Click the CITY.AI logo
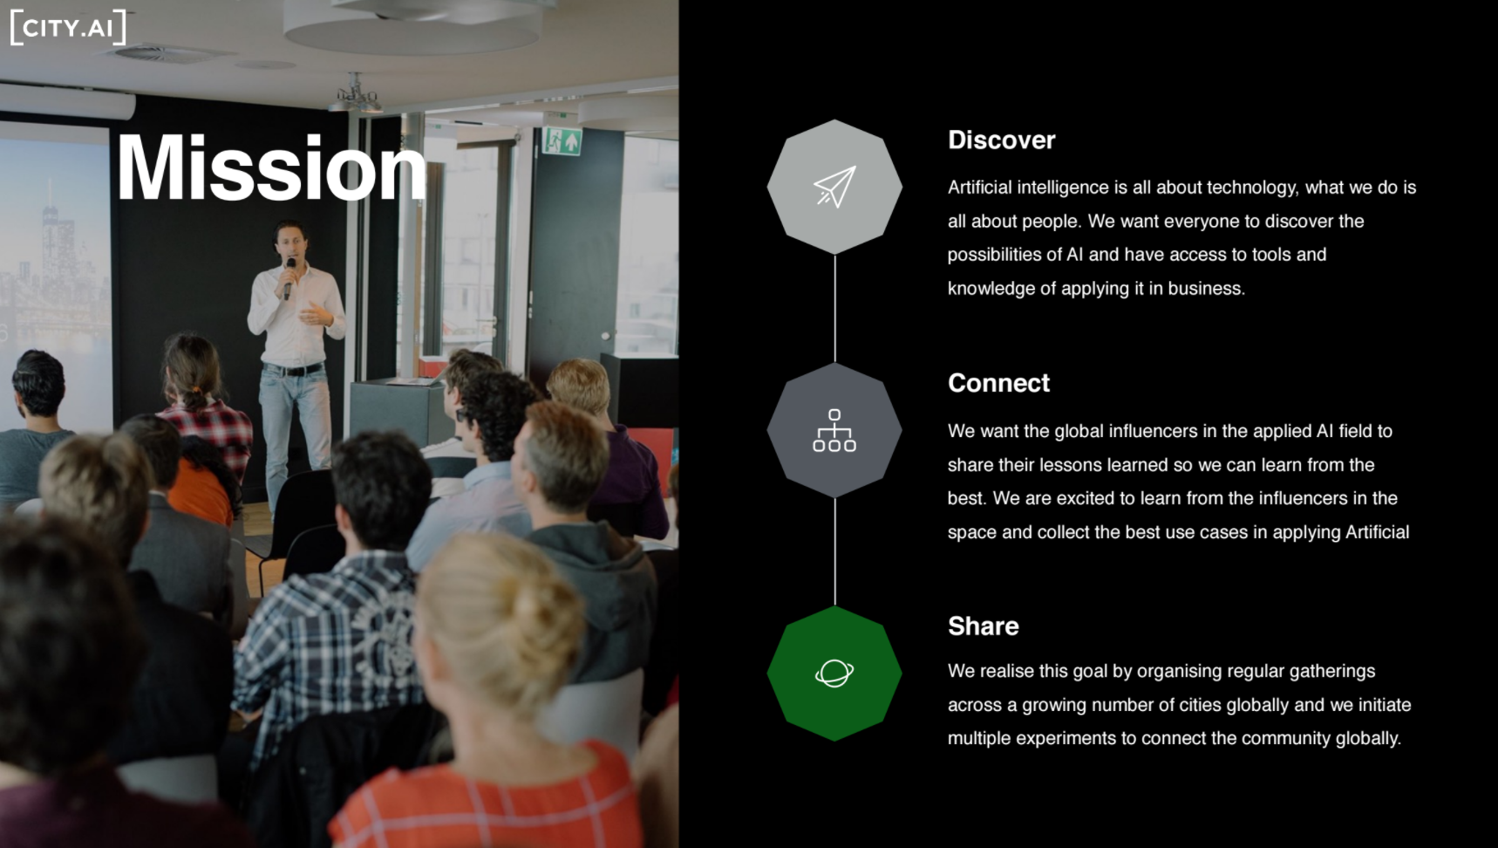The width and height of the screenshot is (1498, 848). click(x=68, y=27)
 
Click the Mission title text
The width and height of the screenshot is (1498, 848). click(x=271, y=168)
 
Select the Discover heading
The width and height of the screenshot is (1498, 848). click(x=1001, y=140)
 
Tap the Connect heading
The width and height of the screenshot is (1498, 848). click(x=998, y=383)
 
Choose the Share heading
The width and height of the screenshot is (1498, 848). click(x=983, y=626)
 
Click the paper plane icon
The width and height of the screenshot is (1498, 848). click(x=834, y=187)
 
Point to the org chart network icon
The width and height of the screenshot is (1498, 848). click(x=834, y=430)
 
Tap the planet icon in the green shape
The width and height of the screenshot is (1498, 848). click(x=834, y=673)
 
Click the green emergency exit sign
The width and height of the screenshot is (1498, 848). click(x=562, y=140)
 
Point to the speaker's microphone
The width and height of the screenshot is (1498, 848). click(x=289, y=277)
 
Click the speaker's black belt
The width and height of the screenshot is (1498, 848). click(x=294, y=370)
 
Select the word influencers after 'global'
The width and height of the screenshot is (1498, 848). click(x=1153, y=431)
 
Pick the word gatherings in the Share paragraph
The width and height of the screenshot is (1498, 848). click(x=1332, y=672)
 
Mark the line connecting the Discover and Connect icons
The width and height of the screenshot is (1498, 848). click(x=834, y=309)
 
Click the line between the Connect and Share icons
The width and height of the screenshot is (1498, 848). click(x=834, y=552)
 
